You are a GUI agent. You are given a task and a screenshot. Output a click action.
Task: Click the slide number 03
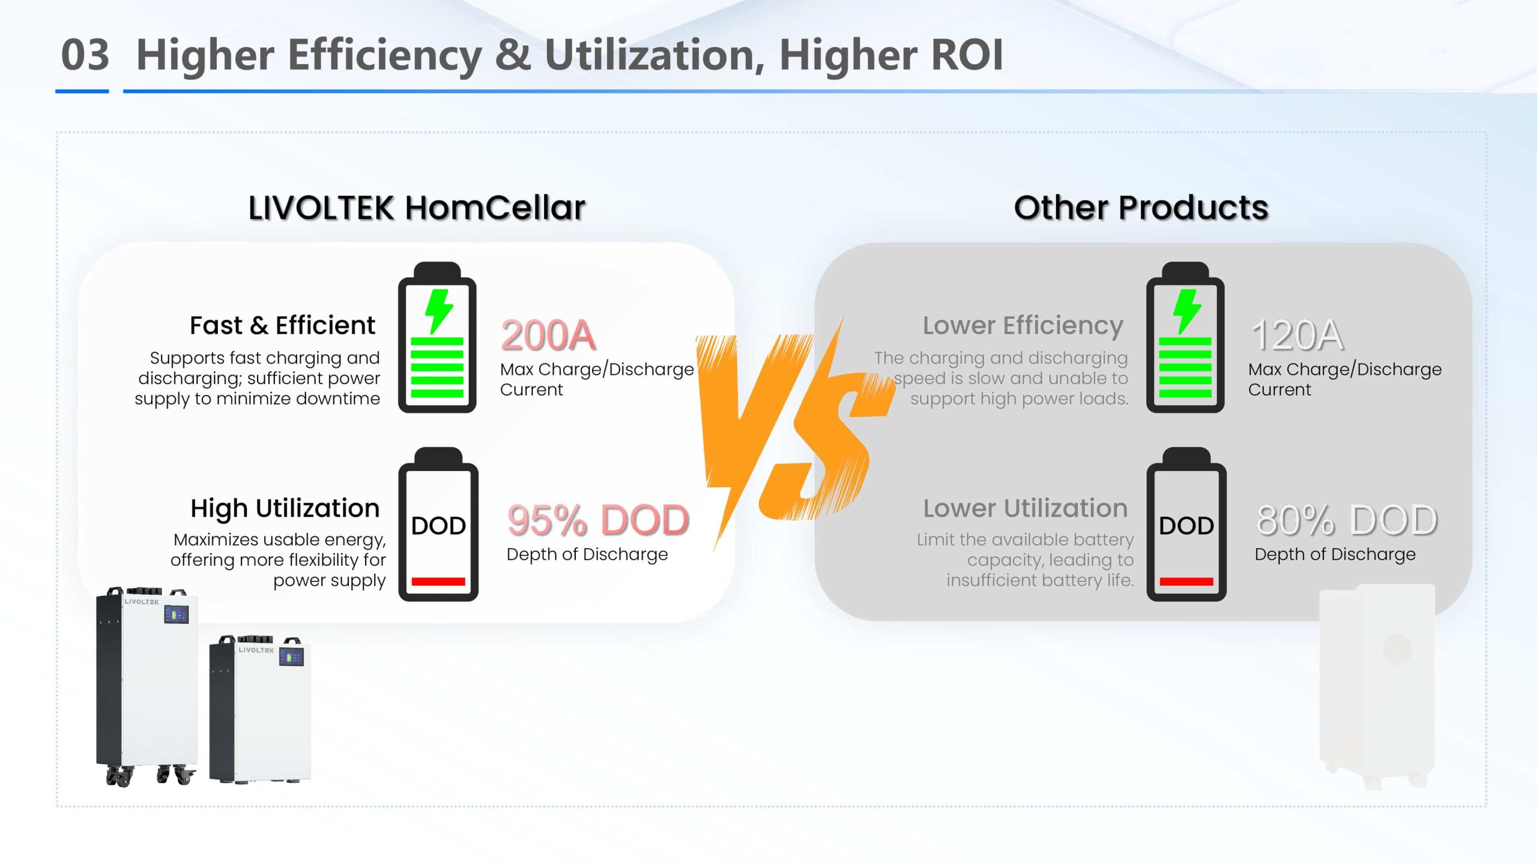pos(85,55)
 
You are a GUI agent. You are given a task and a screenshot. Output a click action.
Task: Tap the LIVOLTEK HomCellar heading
pos(417,208)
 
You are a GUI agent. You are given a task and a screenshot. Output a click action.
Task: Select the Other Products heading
pos(1141,208)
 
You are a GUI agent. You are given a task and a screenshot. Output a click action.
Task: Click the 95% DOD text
pos(598,520)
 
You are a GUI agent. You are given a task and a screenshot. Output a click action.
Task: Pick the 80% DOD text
pos(1347,520)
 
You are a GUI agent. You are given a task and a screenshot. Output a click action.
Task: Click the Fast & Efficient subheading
pos(282,325)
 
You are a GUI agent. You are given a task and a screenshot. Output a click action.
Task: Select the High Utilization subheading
pos(285,508)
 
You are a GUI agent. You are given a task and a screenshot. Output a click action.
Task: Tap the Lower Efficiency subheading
pos(1023,325)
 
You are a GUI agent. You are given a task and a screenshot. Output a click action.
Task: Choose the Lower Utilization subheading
pos(1025,508)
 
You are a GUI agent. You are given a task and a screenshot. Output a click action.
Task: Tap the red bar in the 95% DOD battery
pos(438,581)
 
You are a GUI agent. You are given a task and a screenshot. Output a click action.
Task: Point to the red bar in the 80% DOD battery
pos(1186,581)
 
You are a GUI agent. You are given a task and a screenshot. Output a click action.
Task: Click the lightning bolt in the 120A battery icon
pos(1187,311)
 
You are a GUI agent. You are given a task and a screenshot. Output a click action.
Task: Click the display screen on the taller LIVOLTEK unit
pos(177,614)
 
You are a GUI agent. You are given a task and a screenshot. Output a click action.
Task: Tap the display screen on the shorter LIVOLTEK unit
pos(291,657)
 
